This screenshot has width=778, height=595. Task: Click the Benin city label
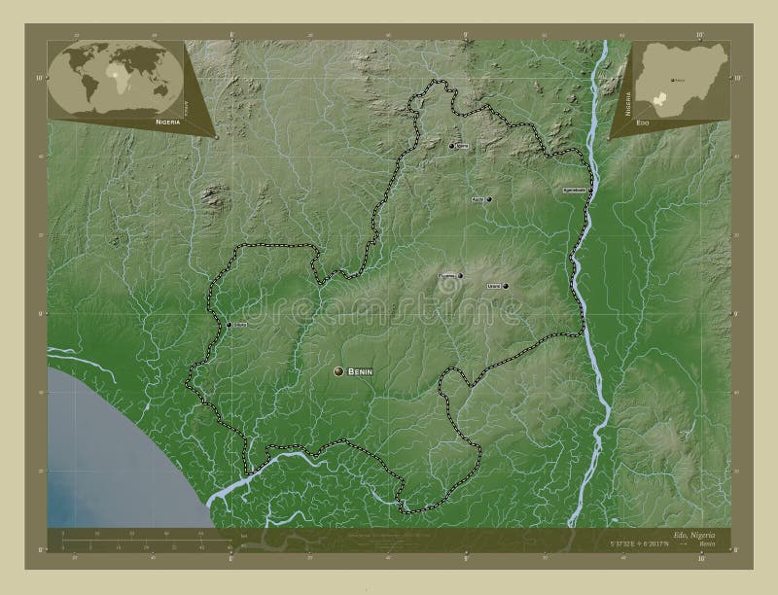tap(358, 372)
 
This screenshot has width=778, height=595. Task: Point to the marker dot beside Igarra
tap(452, 146)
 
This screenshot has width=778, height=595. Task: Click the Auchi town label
tap(477, 199)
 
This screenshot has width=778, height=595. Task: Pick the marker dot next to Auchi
tap(488, 199)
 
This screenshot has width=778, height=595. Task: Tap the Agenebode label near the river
tap(574, 190)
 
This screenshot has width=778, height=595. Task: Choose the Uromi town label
tap(493, 286)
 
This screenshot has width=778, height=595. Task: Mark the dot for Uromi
tap(505, 286)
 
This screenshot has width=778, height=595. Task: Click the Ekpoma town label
tap(446, 276)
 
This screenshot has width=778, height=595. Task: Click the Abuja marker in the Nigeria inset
tap(671, 82)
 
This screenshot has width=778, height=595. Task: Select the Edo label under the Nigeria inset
tap(643, 124)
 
